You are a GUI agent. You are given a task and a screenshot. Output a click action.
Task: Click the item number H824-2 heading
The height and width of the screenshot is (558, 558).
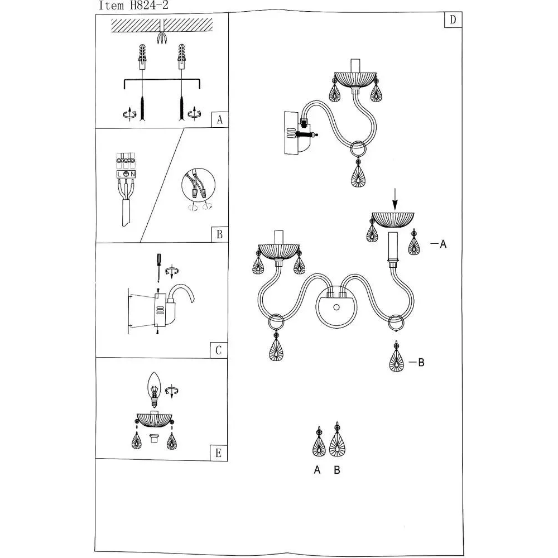click(x=133, y=6)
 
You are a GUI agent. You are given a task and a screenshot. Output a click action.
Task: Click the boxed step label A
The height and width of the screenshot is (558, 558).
click(x=219, y=119)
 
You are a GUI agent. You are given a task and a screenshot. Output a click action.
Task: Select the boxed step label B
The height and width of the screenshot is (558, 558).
click(x=219, y=234)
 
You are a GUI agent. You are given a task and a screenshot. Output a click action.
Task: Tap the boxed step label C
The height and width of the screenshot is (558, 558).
click(x=219, y=350)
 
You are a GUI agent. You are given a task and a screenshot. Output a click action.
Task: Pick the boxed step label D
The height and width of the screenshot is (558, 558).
click(x=453, y=20)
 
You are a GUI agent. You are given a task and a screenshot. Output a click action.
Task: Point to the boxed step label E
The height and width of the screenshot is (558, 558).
click(x=218, y=453)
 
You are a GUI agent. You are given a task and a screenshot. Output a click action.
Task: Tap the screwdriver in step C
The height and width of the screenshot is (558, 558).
click(x=158, y=267)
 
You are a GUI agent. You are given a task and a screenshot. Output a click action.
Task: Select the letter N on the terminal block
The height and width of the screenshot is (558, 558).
click(x=132, y=174)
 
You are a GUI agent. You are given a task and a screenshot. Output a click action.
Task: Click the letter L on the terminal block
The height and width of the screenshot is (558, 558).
click(x=119, y=174)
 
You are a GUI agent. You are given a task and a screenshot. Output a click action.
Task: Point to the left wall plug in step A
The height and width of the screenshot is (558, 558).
click(x=142, y=57)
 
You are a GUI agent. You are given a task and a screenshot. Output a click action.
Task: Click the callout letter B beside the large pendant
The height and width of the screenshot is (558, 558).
click(x=421, y=363)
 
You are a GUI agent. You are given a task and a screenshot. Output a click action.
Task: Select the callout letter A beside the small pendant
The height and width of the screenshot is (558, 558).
click(x=443, y=244)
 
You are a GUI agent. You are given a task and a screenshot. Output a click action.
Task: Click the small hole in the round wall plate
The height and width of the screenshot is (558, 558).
click(x=336, y=307)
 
